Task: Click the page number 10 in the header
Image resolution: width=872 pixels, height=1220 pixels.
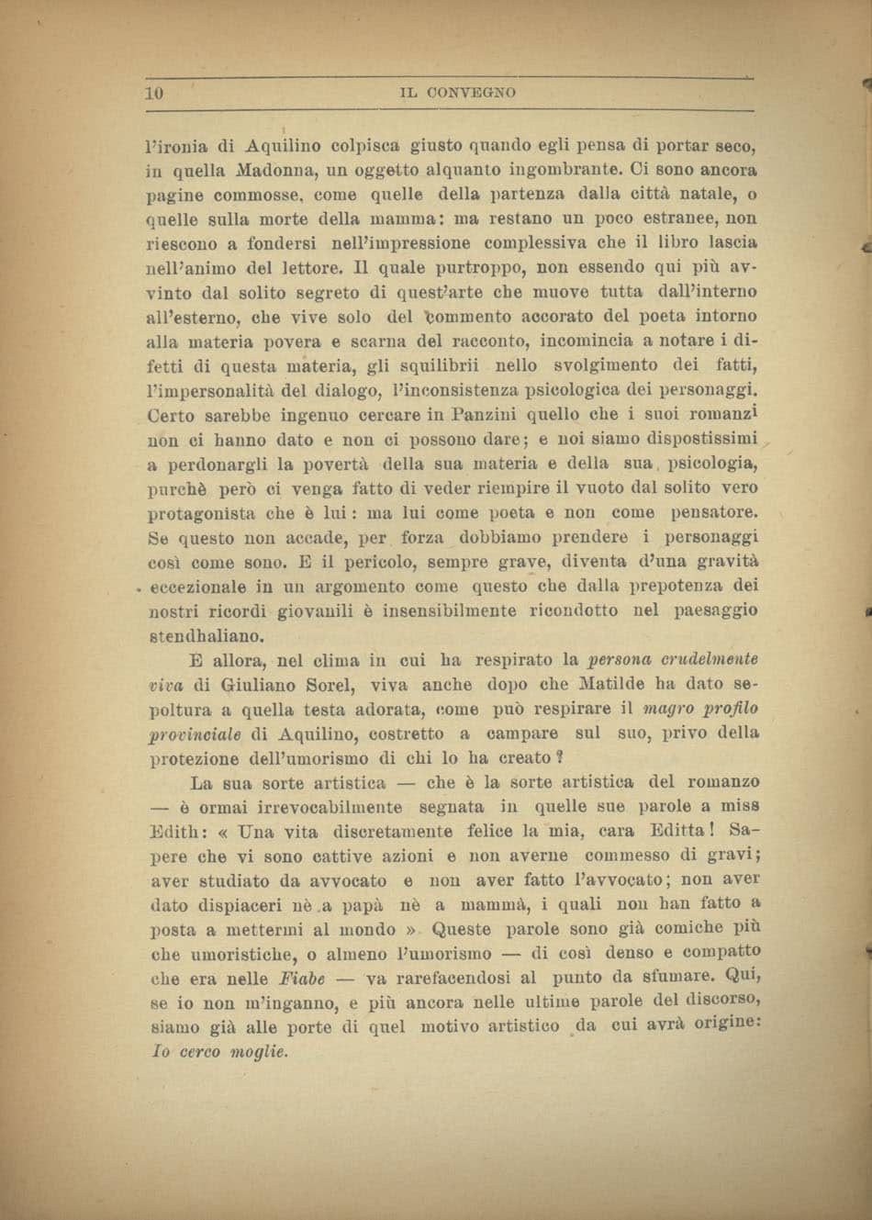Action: (x=153, y=92)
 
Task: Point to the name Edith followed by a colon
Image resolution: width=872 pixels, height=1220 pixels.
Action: (x=177, y=831)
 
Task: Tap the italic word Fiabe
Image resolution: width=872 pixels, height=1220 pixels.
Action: (x=279, y=978)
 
